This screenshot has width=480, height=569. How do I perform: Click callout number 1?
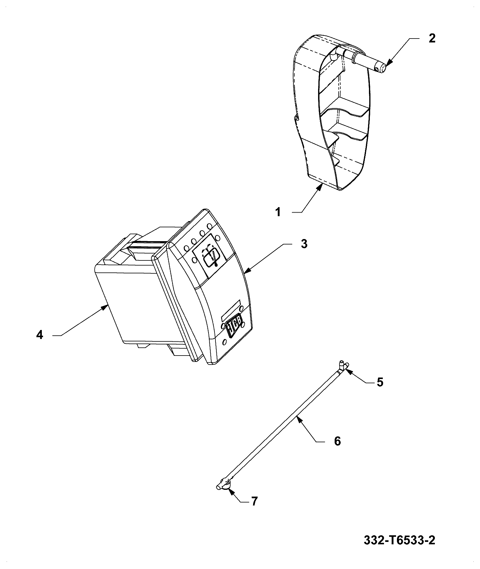coord(278,212)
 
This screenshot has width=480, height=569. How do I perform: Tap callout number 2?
coord(432,39)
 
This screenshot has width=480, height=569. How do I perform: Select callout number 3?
coord(304,244)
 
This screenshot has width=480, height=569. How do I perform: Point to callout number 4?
coord(40,335)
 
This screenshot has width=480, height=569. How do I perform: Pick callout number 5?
coord(380,382)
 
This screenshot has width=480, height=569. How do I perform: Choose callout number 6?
coord(337,441)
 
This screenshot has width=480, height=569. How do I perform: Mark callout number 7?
coord(254,501)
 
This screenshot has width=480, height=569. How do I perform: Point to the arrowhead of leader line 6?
coord(298,417)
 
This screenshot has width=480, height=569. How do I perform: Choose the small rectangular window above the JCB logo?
coord(231,310)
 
